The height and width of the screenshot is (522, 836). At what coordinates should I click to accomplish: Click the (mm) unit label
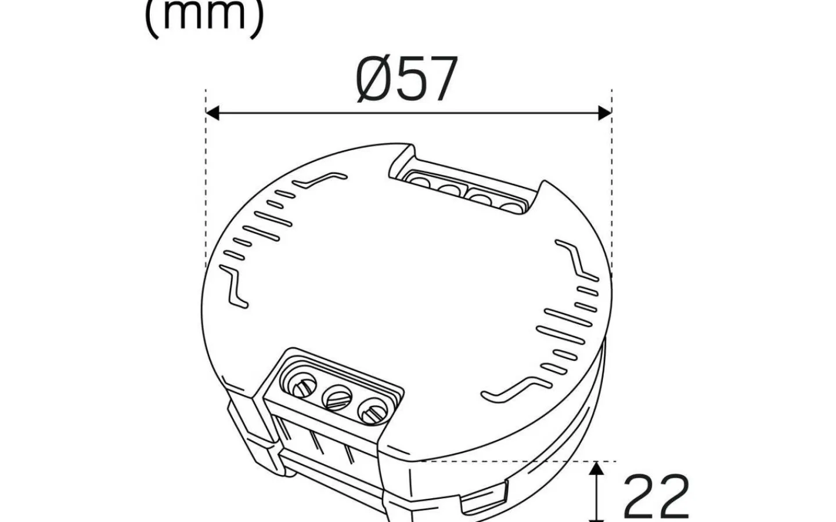tap(204, 16)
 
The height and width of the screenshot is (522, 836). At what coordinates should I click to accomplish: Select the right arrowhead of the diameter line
tap(605, 113)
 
